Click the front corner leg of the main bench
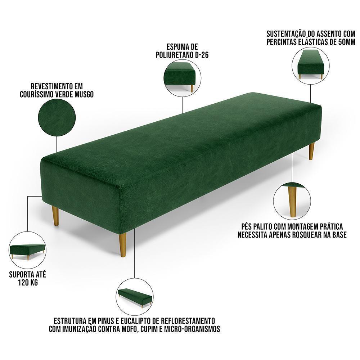coord(123,245)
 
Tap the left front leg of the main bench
coord(55,216)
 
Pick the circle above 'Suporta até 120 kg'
coord(27,250)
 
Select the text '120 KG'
coord(28,282)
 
